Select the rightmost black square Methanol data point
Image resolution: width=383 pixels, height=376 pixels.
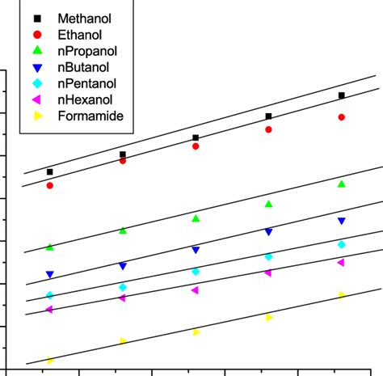click(x=342, y=95)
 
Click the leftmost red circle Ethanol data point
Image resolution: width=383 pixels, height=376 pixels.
click(x=50, y=186)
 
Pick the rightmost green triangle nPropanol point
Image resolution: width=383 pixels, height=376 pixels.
click(x=342, y=184)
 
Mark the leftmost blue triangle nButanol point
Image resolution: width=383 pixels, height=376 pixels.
click(x=50, y=275)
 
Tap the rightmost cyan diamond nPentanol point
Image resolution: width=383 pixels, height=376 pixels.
click(x=342, y=244)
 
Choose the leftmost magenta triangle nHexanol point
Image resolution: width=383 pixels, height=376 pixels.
click(x=49, y=310)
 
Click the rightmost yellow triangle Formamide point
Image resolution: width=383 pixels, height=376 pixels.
click(x=342, y=295)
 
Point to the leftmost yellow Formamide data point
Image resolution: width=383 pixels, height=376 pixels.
click(x=50, y=361)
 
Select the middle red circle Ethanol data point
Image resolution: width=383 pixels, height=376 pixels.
click(x=196, y=146)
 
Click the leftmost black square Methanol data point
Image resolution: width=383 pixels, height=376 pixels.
click(x=50, y=172)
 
